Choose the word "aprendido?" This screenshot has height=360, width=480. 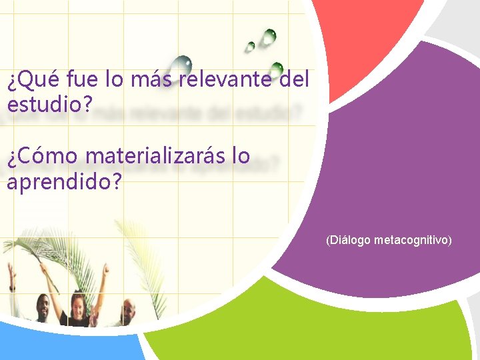64,181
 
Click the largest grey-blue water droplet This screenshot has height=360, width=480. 180,65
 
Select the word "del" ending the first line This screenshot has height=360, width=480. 294,81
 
